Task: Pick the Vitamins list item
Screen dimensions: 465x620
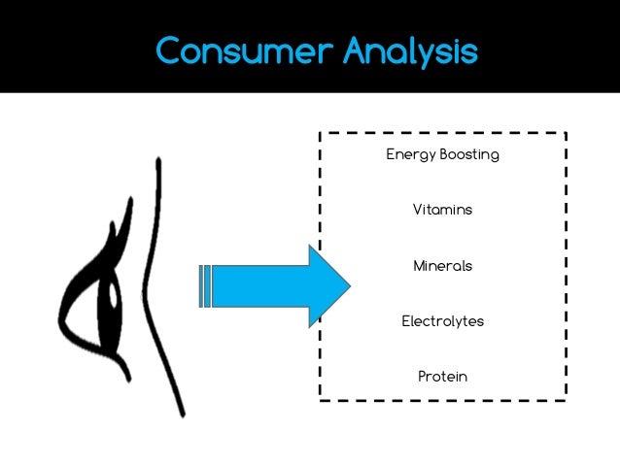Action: click(442, 210)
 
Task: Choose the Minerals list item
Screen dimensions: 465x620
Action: click(442, 265)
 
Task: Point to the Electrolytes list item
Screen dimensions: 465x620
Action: click(442, 320)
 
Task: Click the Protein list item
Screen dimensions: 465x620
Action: click(442, 376)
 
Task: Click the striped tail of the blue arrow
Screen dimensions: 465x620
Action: click(204, 285)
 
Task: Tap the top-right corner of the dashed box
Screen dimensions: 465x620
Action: click(566, 133)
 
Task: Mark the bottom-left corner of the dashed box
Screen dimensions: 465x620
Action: click(320, 399)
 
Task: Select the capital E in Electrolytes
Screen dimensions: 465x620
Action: click(406, 320)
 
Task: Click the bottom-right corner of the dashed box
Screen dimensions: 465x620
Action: click(566, 399)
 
